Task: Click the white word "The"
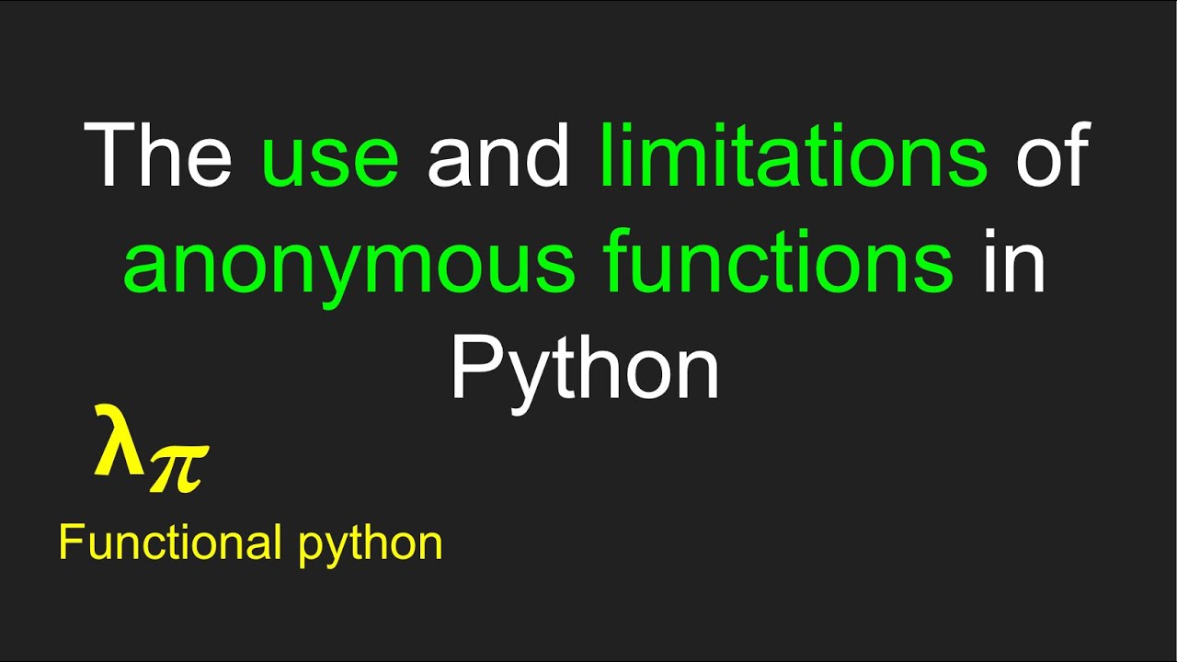point(158,155)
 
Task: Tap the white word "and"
point(499,155)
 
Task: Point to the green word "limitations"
point(794,155)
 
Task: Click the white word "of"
point(1053,155)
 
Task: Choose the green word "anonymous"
point(349,267)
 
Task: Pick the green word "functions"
point(779,261)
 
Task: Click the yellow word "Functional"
point(170,542)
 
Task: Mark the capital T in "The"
point(109,154)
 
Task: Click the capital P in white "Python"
point(474,365)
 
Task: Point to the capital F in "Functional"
point(69,542)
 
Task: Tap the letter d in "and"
point(550,155)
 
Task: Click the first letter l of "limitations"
point(607,154)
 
